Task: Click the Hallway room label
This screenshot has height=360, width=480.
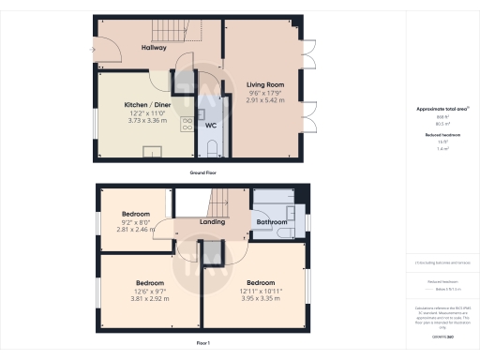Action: (x=154, y=47)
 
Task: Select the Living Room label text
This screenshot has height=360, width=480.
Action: (x=264, y=85)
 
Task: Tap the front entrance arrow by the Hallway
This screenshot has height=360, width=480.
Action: (x=92, y=49)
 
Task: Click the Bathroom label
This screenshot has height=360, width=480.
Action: (x=272, y=222)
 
